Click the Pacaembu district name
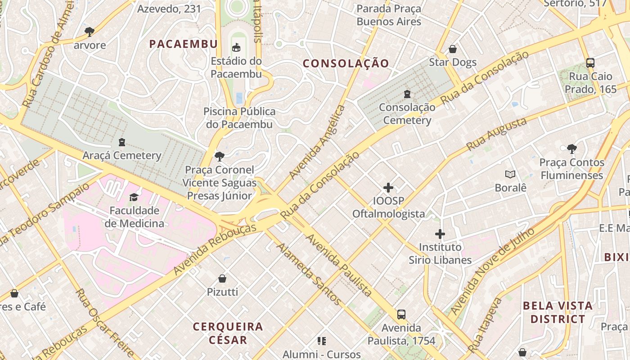click(x=183, y=44)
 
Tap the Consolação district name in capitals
click(x=346, y=63)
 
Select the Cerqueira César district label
click(x=228, y=333)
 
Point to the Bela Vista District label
click(x=558, y=312)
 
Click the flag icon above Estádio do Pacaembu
click(x=236, y=47)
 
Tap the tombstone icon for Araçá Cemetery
click(x=121, y=142)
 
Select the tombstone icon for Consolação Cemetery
click(x=407, y=94)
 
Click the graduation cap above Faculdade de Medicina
click(x=134, y=197)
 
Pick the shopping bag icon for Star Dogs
click(x=453, y=49)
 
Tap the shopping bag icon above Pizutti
click(x=222, y=279)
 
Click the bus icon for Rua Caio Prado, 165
click(x=590, y=63)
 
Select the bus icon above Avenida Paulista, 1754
click(x=401, y=315)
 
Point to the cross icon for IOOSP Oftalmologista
click(x=388, y=188)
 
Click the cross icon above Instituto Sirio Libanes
click(x=440, y=234)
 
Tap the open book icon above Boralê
click(x=510, y=174)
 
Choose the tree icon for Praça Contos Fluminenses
click(x=571, y=148)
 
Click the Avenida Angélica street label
click(x=317, y=142)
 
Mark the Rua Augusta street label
click(x=496, y=135)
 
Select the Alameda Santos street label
click(x=308, y=274)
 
